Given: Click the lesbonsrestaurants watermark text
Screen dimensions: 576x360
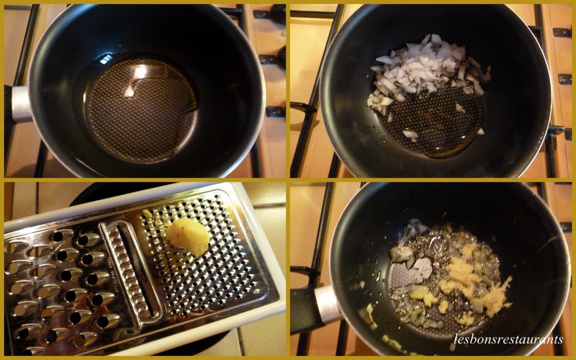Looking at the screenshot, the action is click(x=508, y=339).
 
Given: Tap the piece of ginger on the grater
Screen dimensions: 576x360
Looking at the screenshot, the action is click(x=188, y=236).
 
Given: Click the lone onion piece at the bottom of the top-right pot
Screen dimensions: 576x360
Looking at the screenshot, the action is click(x=410, y=135).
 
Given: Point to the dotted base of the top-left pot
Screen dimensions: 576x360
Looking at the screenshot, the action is click(x=141, y=110).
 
